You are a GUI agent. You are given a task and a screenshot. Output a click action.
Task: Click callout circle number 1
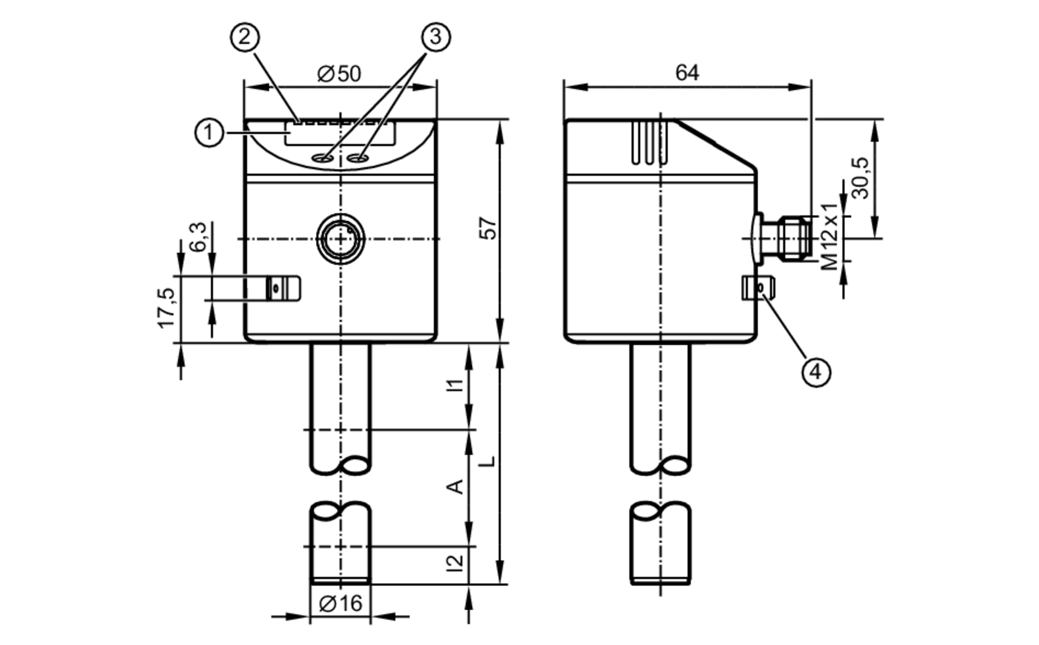[x=209, y=133]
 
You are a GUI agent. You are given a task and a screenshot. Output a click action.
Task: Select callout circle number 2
[x=244, y=37]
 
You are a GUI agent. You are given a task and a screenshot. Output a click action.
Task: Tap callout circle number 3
[x=435, y=37]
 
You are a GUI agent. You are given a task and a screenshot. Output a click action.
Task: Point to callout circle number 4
[x=816, y=372]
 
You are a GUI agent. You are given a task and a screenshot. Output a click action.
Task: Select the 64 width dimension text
[x=687, y=73]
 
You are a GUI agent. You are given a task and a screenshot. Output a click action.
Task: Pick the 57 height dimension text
[x=488, y=229]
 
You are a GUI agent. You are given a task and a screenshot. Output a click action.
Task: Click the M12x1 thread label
[x=830, y=236]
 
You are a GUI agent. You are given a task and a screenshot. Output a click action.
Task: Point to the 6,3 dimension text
[x=198, y=237]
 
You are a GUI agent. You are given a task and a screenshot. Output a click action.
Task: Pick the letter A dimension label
[x=456, y=487]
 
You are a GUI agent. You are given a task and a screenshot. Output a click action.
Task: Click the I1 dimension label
[x=456, y=386]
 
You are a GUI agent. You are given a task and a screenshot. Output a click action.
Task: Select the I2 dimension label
[x=456, y=564]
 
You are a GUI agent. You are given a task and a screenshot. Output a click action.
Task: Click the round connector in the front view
[x=341, y=239]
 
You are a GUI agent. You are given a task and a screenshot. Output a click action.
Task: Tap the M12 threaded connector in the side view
[x=793, y=239]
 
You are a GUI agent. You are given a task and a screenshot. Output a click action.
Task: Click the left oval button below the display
[x=322, y=158]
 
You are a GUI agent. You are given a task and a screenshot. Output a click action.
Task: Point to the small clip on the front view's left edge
[x=283, y=288]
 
